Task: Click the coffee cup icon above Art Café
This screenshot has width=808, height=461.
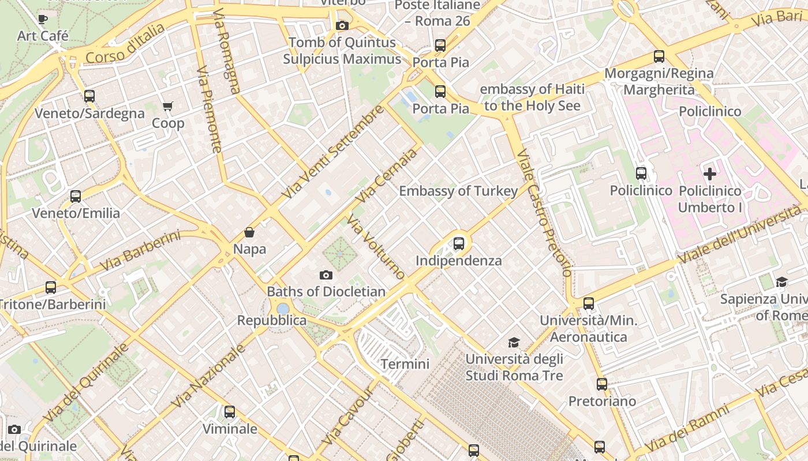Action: [x=43, y=19]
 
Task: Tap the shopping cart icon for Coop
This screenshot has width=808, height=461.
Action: [x=168, y=106]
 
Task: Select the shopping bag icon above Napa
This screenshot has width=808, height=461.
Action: [x=249, y=232]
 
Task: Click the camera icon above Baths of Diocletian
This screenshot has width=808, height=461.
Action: [x=326, y=275]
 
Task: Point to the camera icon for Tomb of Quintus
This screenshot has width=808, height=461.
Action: [x=342, y=25]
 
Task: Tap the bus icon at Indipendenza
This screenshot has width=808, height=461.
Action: [x=459, y=243]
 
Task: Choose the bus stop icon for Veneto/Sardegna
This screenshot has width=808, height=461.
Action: [x=89, y=96]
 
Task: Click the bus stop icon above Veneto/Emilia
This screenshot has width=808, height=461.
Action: [x=76, y=196]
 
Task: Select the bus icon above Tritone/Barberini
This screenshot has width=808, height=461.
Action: [x=51, y=287]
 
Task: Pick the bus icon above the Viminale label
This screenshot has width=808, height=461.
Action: [x=230, y=411]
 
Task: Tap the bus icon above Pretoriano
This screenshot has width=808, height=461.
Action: [x=602, y=384]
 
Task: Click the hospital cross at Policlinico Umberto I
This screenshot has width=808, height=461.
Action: [x=710, y=173]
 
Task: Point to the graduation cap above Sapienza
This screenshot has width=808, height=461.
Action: [x=781, y=282]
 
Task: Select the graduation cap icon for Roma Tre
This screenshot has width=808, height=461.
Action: [x=514, y=343]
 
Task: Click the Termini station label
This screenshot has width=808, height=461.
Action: [x=405, y=364]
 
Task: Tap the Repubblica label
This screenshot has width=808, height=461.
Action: [x=272, y=320]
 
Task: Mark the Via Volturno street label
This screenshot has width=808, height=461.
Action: [x=376, y=247]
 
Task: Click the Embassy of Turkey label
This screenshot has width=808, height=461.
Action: [x=458, y=191]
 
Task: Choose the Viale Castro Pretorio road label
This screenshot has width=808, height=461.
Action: [x=544, y=213]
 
